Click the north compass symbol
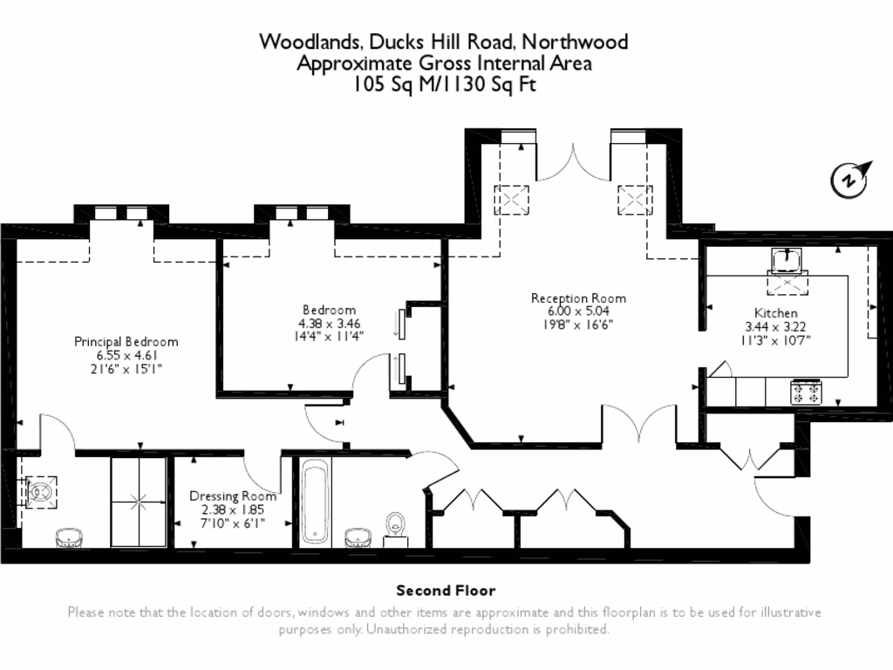(x=849, y=179)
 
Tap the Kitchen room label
(x=775, y=312)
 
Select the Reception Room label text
(x=578, y=298)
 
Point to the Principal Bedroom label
(x=126, y=341)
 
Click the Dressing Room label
(x=233, y=496)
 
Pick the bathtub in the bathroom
(x=314, y=503)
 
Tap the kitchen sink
(x=787, y=260)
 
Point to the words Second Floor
(x=446, y=591)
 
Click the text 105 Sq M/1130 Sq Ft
(x=445, y=85)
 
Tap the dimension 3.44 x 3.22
(x=775, y=326)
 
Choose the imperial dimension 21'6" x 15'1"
(x=126, y=369)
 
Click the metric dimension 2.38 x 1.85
(x=233, y=509)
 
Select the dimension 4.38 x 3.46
(x=329, y=323)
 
